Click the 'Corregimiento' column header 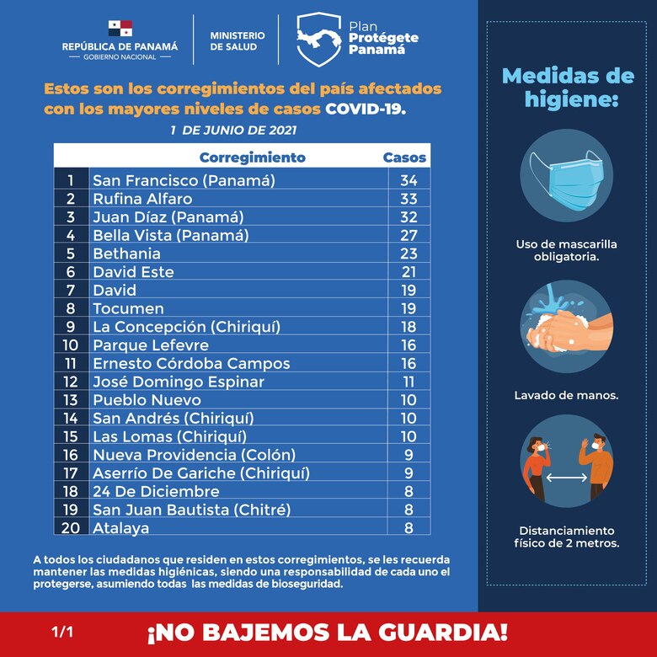(252, 158)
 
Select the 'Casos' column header (404, 158)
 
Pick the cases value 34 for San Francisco (409, 180)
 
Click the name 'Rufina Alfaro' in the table (142, 199)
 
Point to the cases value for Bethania (409, 254)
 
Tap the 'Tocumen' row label (128, 308)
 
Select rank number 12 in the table (71, 382)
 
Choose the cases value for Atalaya (409, 528)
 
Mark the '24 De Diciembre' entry (156, 491)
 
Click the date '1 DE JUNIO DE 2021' (233, 131)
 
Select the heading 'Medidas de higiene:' (567, 88)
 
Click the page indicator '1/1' (61, 631)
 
